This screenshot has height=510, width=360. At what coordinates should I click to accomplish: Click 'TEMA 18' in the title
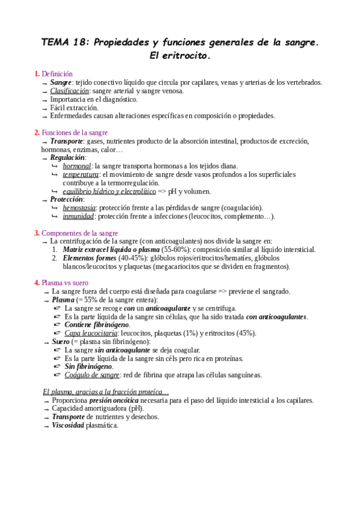64,43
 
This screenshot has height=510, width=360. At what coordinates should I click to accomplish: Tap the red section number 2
37,132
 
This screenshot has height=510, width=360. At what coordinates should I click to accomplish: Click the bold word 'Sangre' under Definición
61,82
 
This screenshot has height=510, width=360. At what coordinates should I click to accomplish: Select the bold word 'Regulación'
68,158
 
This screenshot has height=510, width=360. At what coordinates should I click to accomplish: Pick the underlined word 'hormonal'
77,166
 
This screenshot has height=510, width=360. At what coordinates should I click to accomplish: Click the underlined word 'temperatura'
81,174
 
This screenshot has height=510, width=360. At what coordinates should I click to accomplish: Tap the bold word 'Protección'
67,199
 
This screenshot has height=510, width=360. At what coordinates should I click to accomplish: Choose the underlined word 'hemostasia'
80,207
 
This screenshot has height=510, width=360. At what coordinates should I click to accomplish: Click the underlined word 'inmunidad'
78,216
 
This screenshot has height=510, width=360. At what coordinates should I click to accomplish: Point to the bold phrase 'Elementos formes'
91,258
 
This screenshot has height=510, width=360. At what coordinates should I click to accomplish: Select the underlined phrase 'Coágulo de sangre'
92,375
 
